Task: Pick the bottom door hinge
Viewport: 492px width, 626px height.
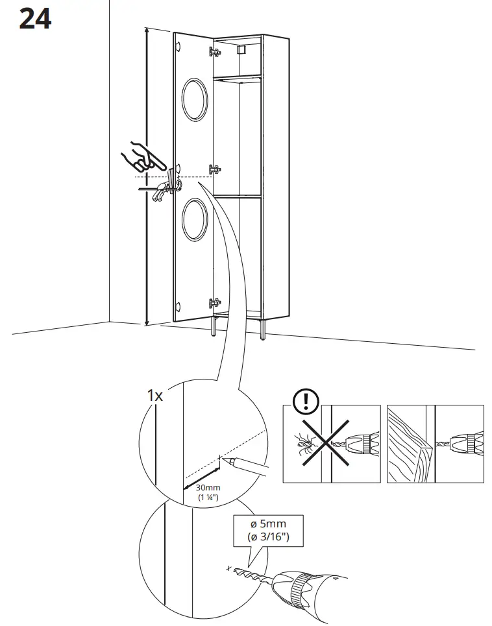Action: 214,302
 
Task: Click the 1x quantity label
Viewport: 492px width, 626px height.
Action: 154,395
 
